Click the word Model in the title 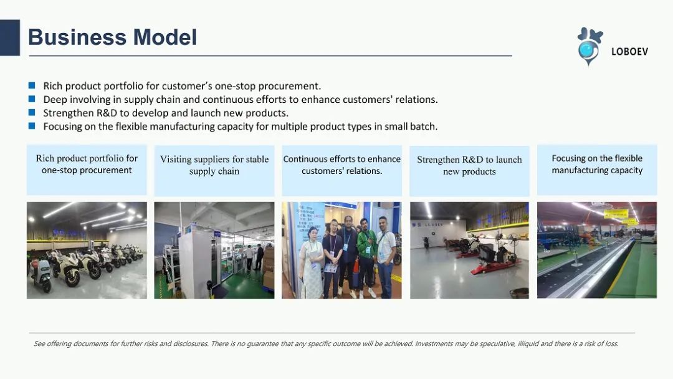[165, 37]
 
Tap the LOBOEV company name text [629, 52]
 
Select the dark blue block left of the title [10, 38]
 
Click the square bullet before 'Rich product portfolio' [32, 85]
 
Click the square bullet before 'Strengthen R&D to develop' [32, 112]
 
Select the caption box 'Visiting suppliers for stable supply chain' [214, 170]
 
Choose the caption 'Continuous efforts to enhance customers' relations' [341, 170]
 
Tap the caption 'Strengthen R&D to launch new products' [469, 170]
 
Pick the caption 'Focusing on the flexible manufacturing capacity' [597, 170]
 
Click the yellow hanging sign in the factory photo [616, 214]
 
